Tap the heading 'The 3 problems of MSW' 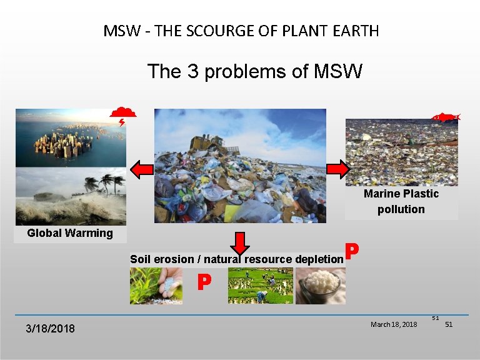click(254, 72)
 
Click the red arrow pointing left click(141, 169)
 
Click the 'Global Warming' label click(70, 234)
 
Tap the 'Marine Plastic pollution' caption click(401, 201)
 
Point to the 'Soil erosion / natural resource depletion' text click(236, 259)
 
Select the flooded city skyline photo click(71, 137)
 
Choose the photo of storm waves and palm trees click(71, 196)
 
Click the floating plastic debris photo click(401, 152)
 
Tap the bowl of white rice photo click(320, 286)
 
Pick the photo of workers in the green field click(260, 286)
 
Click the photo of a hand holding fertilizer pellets click(156, 286)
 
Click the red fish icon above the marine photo click(446, 117)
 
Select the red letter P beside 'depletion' click(352, 251)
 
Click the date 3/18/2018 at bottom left click(50, 328)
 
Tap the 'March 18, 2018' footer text click(394, 324)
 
